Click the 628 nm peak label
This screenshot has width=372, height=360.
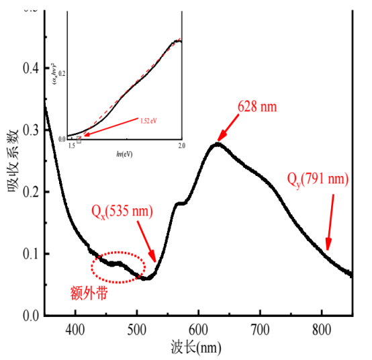[257, 107]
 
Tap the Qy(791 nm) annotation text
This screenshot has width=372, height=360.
[318, 179]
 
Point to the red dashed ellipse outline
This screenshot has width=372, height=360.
[118, 255]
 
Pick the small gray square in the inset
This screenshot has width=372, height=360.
[79, 140]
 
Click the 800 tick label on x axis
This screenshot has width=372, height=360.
[322, 329]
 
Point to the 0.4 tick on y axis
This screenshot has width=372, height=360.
[30, 69]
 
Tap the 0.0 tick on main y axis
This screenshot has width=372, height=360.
[30, 315]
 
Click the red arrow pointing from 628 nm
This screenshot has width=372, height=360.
[229, 127]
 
